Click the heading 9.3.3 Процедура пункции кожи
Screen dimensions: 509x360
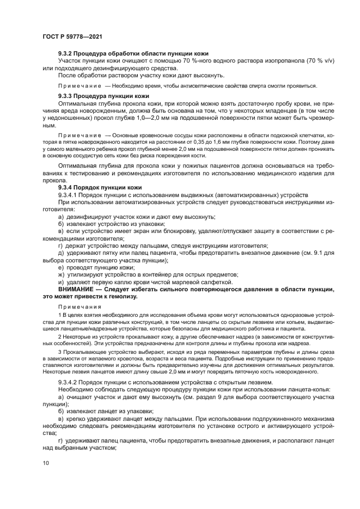(x=103, y=95)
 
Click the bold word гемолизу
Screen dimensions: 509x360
(x=118, y=297)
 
